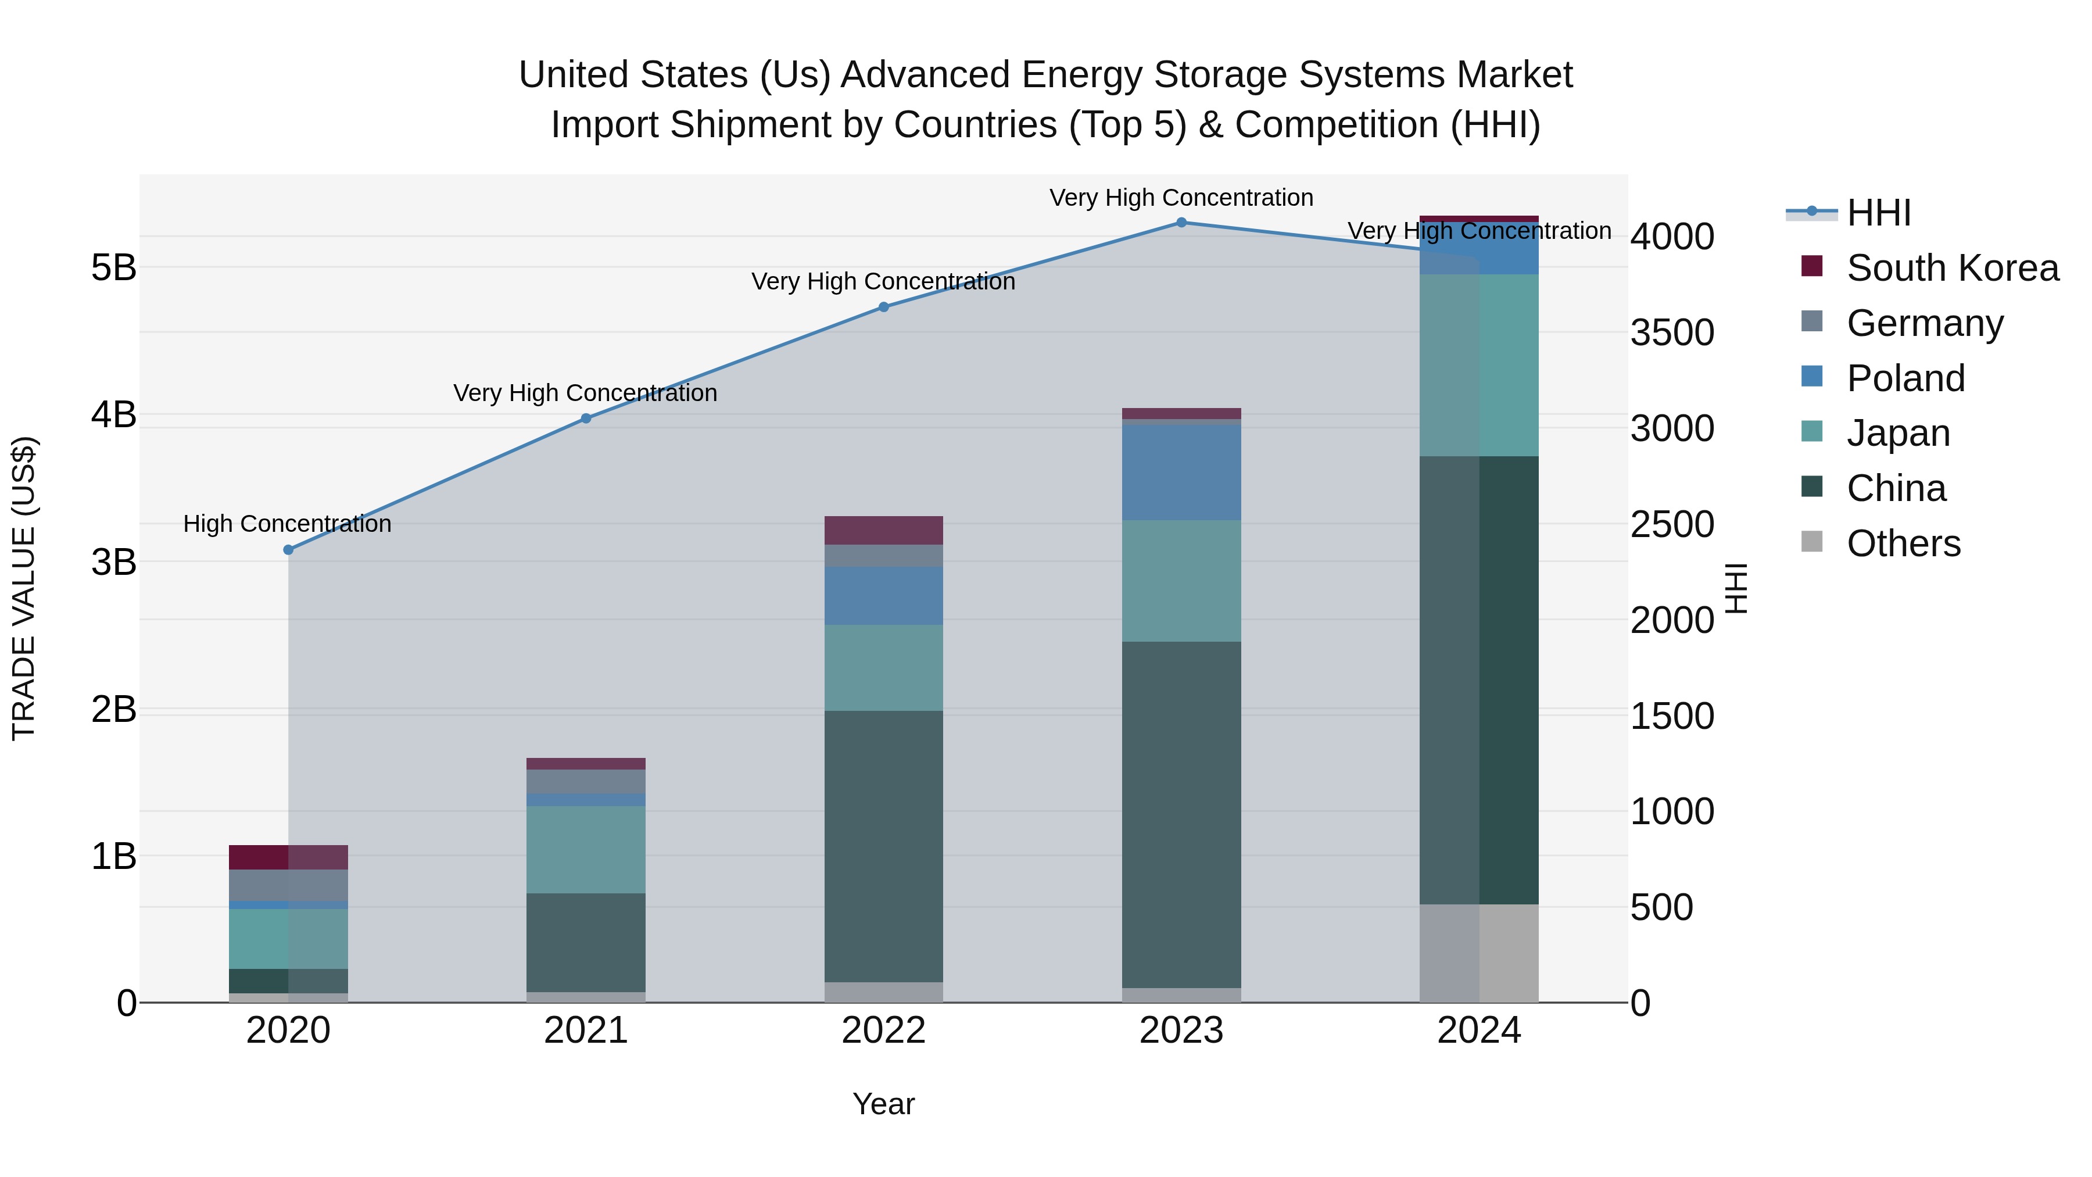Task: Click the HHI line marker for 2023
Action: (1181, 223)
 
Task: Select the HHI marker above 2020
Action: (288, 550)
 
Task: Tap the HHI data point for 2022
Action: (883, 307)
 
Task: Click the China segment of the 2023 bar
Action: (1181, 815)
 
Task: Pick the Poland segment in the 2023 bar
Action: (1181, 473)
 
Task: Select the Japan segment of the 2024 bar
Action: (1479, 366)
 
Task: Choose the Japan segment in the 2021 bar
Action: (586, 850)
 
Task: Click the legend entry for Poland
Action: (1905, 378)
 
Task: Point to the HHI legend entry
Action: (1878, 213)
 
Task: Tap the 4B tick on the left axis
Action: (114, 414)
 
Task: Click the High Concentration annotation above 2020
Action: (288, 524)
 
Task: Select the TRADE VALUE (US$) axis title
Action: (24, 588)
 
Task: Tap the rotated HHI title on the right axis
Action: (1735, 588)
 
